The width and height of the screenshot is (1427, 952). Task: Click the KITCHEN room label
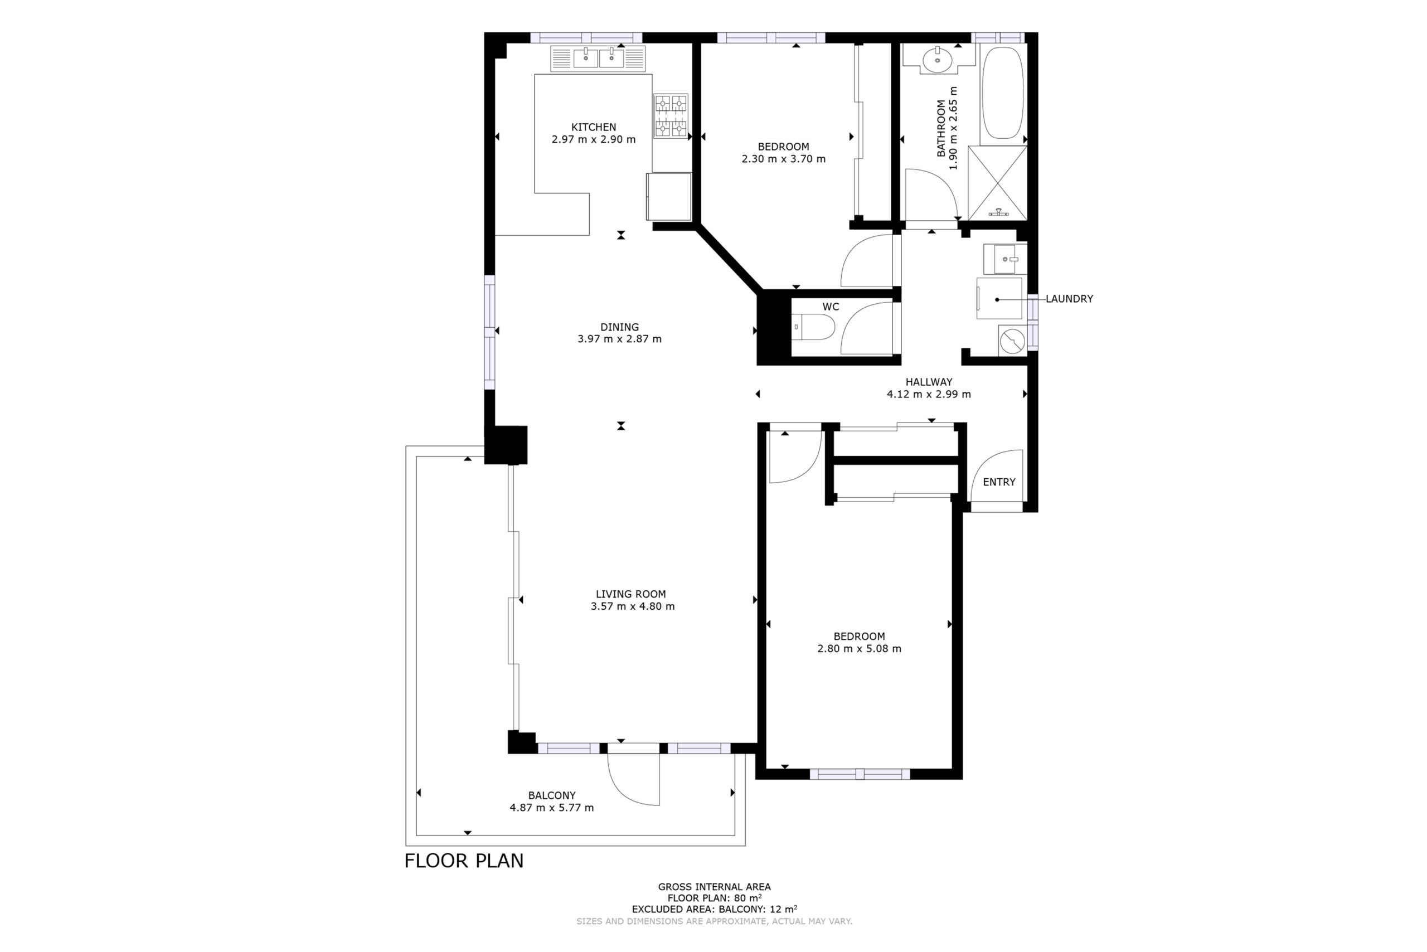pyautogui.click(x=593, y=127)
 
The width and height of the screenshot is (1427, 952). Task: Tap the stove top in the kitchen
pyautogui.click(x=671, y=116)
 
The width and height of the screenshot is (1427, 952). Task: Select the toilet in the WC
pyautogui.click(x=813, y=327)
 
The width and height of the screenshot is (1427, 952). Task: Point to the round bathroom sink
pyautogui.click(x=938, y=60)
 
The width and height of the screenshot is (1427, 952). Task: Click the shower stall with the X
pyautogui.click(x=997, y=183)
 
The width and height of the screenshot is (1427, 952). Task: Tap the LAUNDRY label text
pyautogui.click(x=1069, y=299)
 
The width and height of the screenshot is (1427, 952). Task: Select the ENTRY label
pyautogui.click(x=999, y=482)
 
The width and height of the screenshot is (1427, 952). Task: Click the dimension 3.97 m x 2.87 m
pyautogui.click(x=619, y=339)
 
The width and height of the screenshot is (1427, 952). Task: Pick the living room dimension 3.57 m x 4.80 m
pyautogui.click(x=632, y=606)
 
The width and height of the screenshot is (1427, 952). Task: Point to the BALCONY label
pyautogui.click(x=551, y=795)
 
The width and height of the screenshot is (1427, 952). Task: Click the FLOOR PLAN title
pyautogui.click(x=464, y=861)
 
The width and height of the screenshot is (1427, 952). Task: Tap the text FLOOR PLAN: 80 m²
pyautogui.click(x=714, y=898)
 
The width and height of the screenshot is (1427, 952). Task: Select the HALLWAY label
pyautogui.click(x=929, y=382)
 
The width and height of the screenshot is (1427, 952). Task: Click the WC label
pyautogui.click(x=831, y=307)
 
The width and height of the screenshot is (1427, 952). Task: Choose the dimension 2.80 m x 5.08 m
pyautogui.click(x=858, y=648)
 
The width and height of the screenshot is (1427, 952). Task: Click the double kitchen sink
pyautogui.click(x=598, y=59)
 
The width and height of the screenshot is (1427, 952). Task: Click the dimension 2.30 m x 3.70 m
pyautogui.click(x=783, y=159)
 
